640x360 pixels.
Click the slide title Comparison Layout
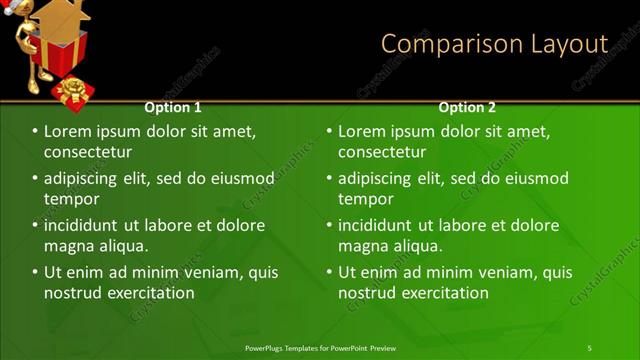494,44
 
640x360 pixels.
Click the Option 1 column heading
173,107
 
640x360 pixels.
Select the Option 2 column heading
467,107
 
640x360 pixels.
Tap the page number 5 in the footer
589,347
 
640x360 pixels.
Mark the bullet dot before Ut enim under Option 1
35,272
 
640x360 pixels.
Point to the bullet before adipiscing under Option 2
329,179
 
